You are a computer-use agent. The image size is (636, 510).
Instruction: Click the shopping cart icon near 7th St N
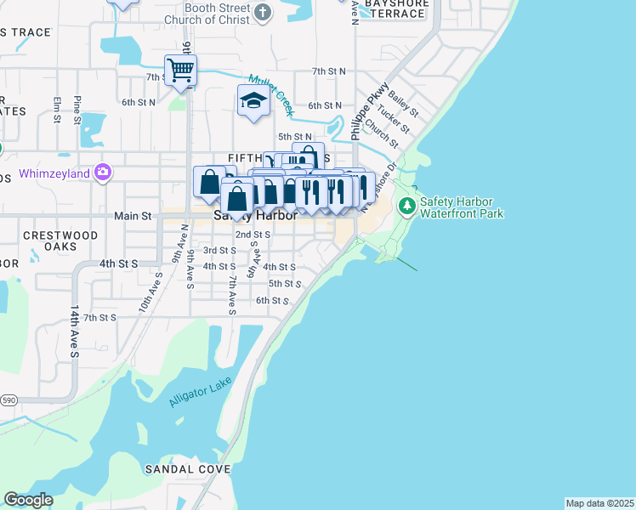point(180,70)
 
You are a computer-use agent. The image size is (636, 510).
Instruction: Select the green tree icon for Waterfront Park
point(407,205)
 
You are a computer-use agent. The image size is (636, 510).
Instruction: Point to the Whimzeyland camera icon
point(103,171)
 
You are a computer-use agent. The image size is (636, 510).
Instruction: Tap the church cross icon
point(263,13)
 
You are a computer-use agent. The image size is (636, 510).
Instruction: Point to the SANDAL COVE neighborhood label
point(187,469)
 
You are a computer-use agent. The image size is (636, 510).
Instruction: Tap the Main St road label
point(133,217)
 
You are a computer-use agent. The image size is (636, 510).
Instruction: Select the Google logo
point(28,500)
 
